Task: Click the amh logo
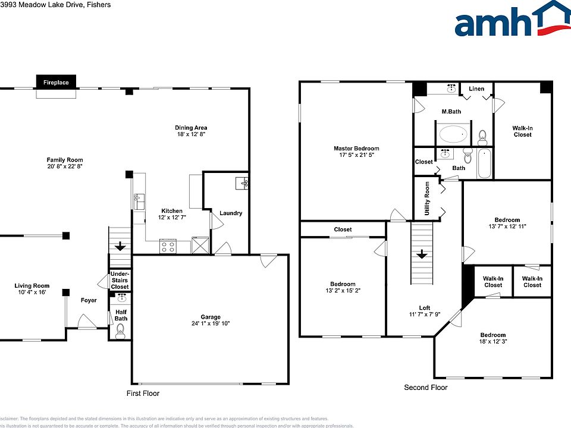[512, 21]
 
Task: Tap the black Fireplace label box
[57, 82]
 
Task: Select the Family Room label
[65, 160]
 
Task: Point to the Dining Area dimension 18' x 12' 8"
[190, 136]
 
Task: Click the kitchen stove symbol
[168, 245]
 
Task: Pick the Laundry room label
[231, 213]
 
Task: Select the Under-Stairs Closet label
[120, 280]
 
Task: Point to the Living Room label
[32, 286]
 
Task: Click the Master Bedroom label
[356, 149]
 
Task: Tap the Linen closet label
[476, 89]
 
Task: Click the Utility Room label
[427, 199]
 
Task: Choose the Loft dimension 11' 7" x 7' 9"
[425, 314]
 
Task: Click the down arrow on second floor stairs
[422, 254]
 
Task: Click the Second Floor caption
[425, 388]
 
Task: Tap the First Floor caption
[143, 394]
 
